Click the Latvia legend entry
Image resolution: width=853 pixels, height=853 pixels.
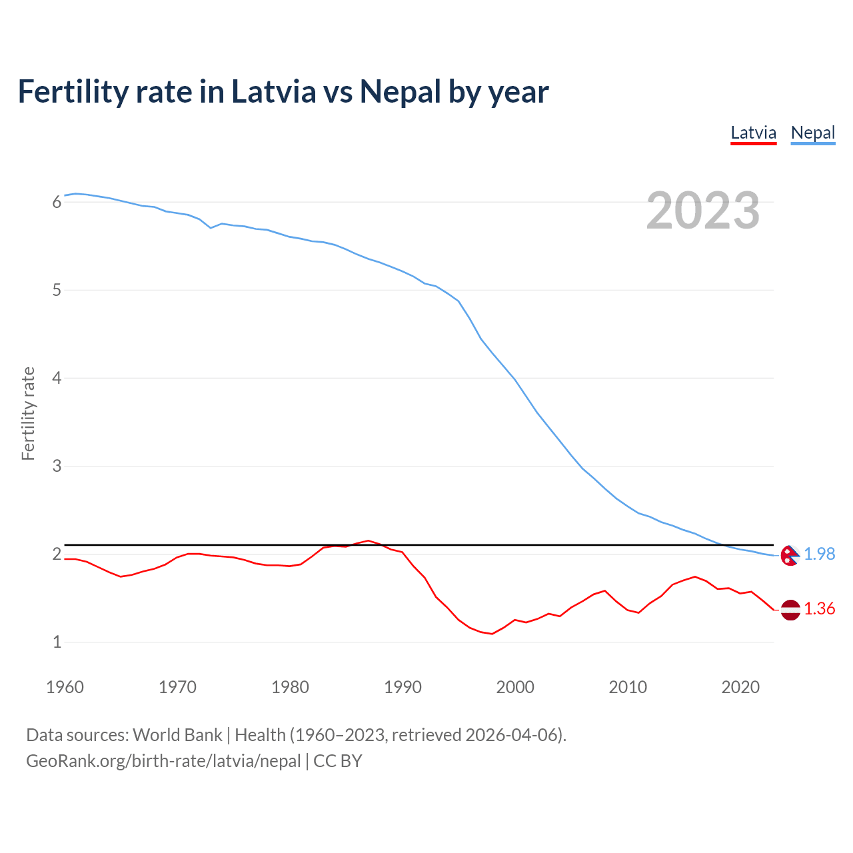tap(753, 133)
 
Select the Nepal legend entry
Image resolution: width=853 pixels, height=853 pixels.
tap(812, 133)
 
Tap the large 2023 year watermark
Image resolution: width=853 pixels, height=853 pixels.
tap(702, 211)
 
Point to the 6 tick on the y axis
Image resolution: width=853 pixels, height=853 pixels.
tap(57, 202)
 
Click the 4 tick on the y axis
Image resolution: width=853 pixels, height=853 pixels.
tap(57, 378)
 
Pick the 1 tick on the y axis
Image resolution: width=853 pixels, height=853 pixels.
tap(57, 642)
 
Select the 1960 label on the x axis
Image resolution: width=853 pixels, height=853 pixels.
tap(65, 687)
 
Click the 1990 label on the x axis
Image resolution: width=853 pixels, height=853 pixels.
tap(403, 687)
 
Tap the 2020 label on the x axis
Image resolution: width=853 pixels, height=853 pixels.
tap(740, 687)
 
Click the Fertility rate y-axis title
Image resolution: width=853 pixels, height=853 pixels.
tap(28, 413)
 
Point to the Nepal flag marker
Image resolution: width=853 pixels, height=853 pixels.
tap(790, 555)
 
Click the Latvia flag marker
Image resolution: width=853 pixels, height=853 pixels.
tap(790, 610)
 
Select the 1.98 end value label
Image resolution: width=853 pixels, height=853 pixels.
tap(819, 554)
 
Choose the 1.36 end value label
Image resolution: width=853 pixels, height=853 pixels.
tap(819, 609)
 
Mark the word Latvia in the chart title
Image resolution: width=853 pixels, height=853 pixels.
tap(273, 92)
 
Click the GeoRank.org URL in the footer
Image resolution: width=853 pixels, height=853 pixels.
tap(163, 761)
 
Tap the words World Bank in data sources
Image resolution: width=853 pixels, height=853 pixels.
tap(177, 735)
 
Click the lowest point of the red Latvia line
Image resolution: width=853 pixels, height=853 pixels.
tap(492, 634)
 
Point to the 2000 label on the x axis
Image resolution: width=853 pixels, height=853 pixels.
tap(515, 687)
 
